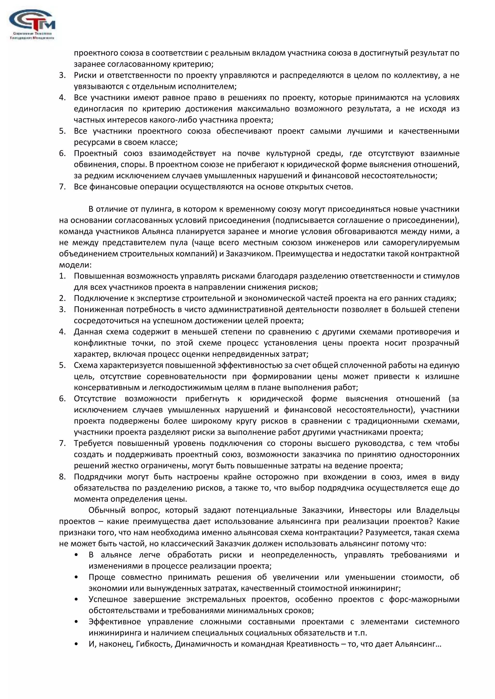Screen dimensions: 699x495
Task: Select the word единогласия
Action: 98,109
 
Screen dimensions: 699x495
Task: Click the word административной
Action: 246,309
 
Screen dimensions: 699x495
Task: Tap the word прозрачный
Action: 435,343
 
